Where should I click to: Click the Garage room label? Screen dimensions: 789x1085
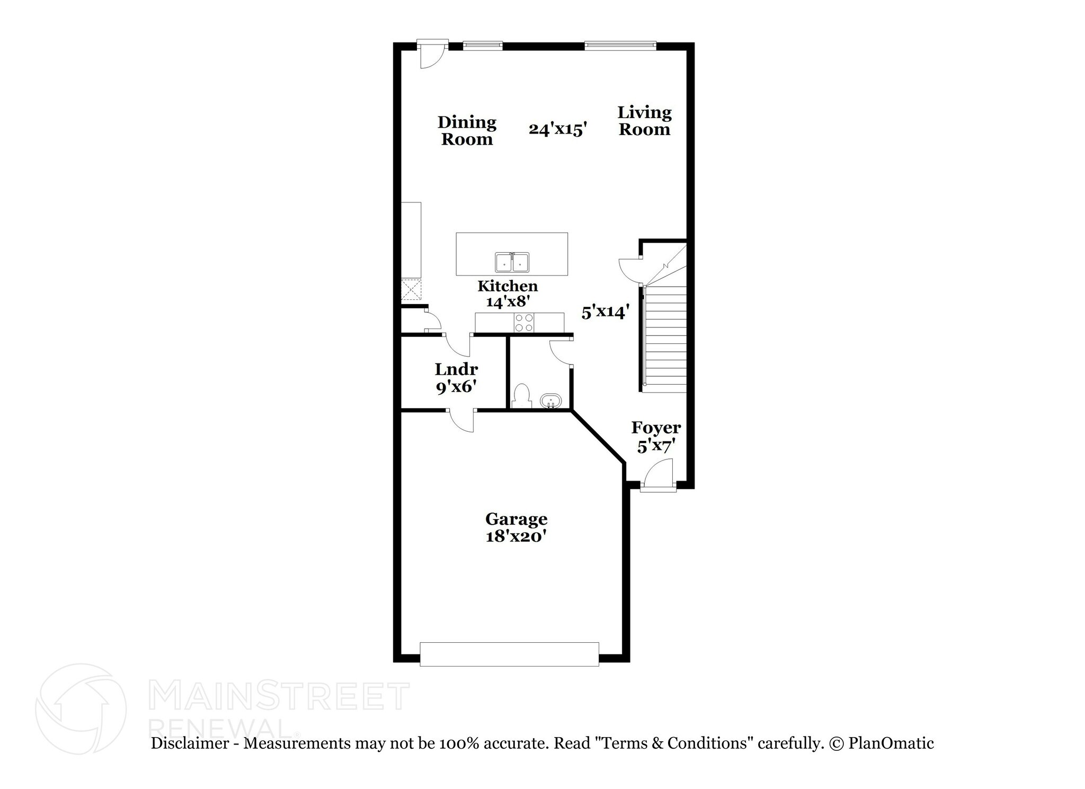[x=516, y=518]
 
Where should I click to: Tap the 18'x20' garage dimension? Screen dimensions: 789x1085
[x=516, y=536]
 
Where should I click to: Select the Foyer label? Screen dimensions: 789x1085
[x=656, y=428]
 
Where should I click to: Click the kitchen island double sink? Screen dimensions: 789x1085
[x=512, y=262]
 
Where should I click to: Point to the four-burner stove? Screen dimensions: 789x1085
[x=524, y=323]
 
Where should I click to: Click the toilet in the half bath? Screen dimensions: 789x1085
[x=522, y=395]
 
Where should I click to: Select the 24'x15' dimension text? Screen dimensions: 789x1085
[x=558, y=129]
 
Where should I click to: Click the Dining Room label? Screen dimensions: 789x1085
[x=467, y=131]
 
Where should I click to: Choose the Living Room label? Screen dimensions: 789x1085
[x=644, y=121]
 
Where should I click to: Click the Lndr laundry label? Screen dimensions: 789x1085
[x=456, y=369]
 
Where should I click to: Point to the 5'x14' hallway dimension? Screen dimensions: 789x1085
[x=606, y=312]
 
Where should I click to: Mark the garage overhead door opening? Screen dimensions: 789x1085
[x=509, y=654]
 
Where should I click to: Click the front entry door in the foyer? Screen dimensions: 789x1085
[x=659, y=474]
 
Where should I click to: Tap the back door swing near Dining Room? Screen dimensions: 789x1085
[x=432, y=55]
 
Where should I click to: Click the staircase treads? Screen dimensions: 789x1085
[x=665, y=339]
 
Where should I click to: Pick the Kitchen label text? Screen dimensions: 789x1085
[x=508, y=286]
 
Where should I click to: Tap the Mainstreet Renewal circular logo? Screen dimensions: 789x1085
[x=81, y=708]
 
